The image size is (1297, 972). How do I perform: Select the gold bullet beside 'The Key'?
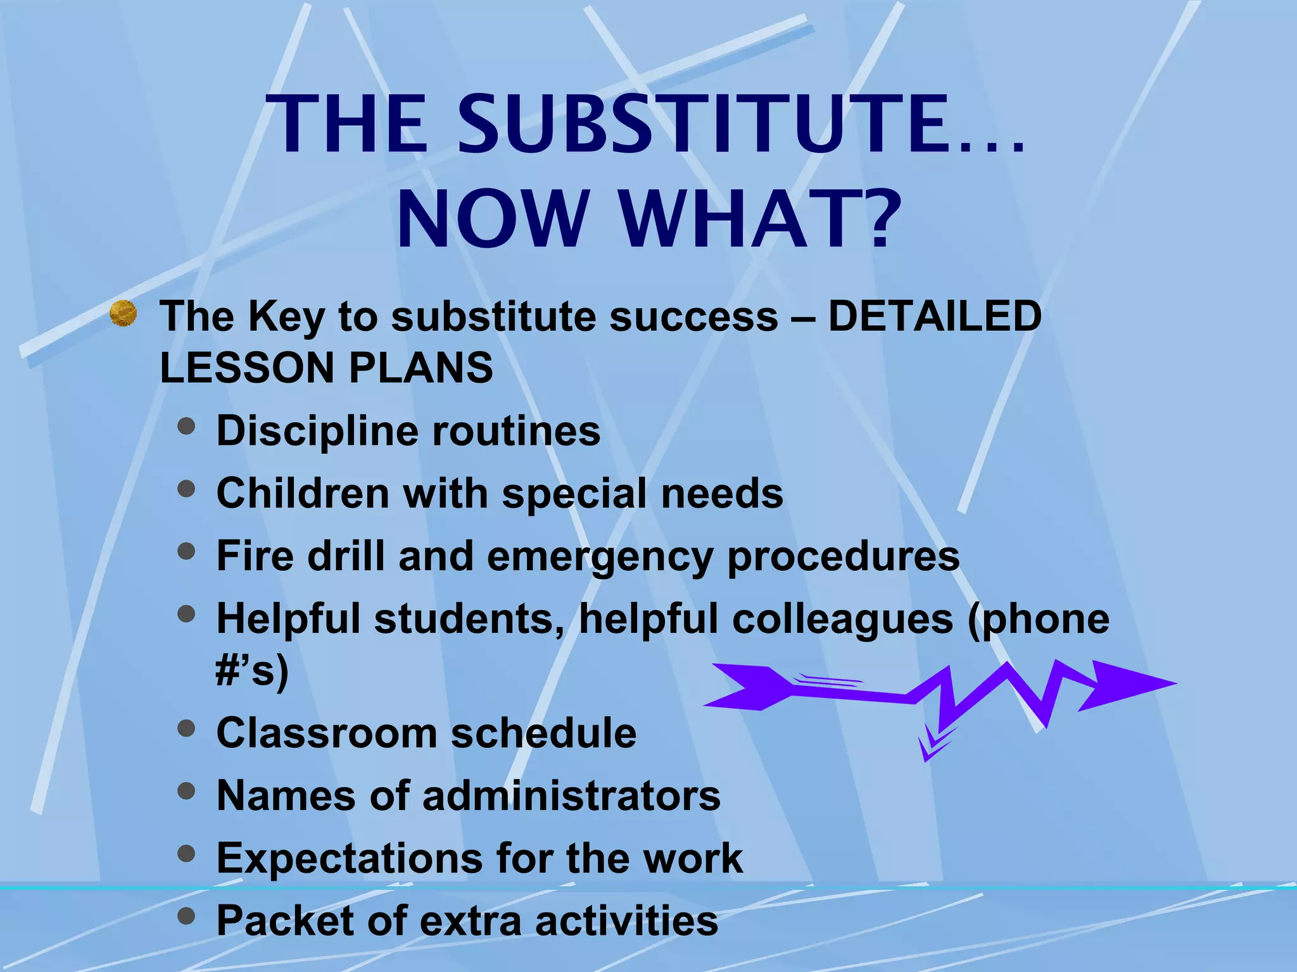pyautogui.click(x=123, y=314)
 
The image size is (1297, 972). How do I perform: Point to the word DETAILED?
pyautogui.click(x=934, y=316)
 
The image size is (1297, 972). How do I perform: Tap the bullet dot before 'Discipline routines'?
pyautogui.click(x=186, y=427)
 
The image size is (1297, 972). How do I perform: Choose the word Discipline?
pyautogui.click(x=317, y=431)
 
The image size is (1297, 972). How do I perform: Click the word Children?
pyautogui.click(x=303, y=493)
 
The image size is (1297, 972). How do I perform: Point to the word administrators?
pyautogui.click(x=571, y=795)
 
